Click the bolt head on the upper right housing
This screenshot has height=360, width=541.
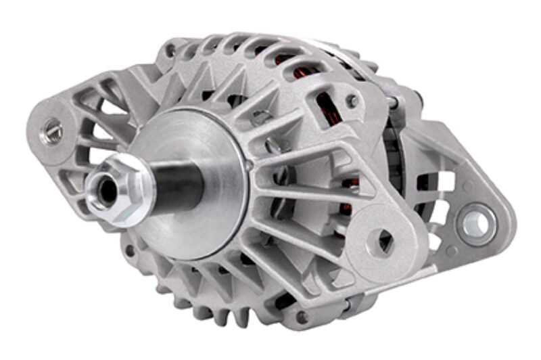(352, 102)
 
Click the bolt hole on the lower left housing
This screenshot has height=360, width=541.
(128, 251)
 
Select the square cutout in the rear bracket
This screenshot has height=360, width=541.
(443, 181)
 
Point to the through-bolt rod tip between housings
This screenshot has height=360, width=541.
(393, 102)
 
